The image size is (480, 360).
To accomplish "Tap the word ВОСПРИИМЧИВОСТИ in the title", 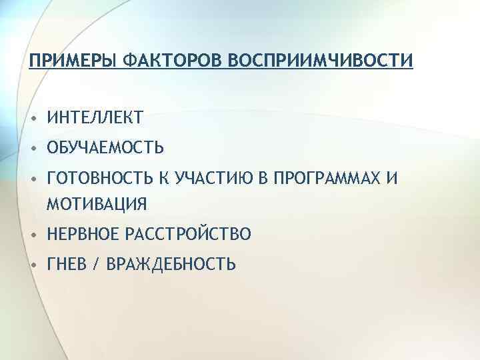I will point(320,61).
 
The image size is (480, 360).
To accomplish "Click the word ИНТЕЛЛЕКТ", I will point(94,119).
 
